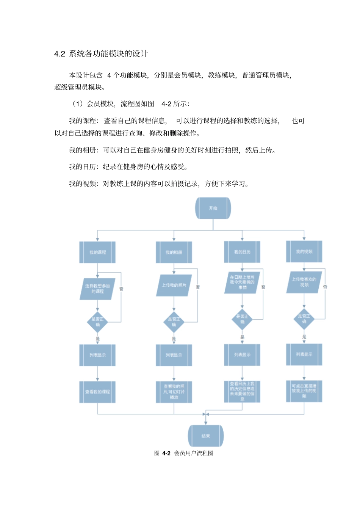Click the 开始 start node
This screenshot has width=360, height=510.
[x=213, y=208]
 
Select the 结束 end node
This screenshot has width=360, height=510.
[x=206, y=436]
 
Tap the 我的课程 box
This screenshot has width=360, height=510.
[x=97, y=252]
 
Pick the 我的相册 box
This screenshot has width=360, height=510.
[x=174, y=252]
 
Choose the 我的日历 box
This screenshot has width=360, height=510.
[x=242, y=252]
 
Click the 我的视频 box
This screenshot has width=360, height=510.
[x=304, y=251]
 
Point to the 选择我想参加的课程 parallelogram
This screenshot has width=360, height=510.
[x=97, y=289]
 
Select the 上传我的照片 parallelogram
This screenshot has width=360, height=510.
[x=174, y=285]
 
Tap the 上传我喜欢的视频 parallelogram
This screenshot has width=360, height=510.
[x=304, y=282]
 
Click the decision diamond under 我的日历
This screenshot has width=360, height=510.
[x=242, y=319]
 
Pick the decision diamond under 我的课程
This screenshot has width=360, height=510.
[x=97, y=322]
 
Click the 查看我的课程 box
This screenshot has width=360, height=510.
[x=97, y=392]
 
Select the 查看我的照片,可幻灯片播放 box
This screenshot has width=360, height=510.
[x=174, y=392]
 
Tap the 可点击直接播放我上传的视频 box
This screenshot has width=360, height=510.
[x=304, y=391]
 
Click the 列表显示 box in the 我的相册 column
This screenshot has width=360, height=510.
[x=174, y=355]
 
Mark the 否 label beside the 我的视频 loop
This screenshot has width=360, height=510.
[x=325, y=287]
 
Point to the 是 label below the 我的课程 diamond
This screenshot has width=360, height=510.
[x=97, y=339]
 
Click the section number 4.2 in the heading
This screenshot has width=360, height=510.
[x=59, y=54]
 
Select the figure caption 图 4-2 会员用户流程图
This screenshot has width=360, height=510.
[x=184, y=453]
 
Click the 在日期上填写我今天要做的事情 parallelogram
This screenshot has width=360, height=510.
[x=242, y=282]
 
